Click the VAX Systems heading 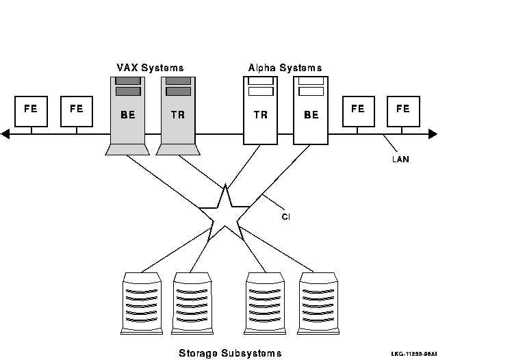[x=149, y=68]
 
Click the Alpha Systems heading [x=285, y=68]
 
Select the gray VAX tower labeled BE [x=127, y=114]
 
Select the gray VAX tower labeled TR [x=178, y=114]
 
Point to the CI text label [x=286, y=217]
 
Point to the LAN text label [x=400, y=159]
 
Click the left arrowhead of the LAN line [x=5, y=134]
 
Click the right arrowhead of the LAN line [x=432, y=134]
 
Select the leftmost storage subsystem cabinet [x=141, y=303]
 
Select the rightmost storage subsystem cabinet [x=318, y=303]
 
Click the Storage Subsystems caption [x=229, y=353]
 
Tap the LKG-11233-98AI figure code [x=414, y=354]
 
